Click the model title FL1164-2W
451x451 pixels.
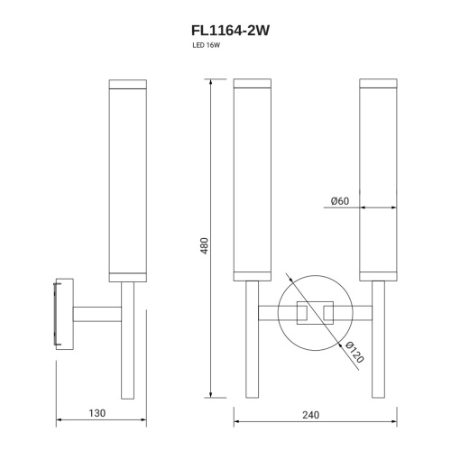225,30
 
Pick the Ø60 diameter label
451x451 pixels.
339,200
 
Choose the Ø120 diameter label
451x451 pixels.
354,353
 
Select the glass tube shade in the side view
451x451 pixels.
127,180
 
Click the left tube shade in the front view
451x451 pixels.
252,180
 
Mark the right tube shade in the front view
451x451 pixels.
377,180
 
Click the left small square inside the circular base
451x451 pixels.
301,313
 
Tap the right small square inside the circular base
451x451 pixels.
327,313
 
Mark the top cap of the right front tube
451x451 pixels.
377,86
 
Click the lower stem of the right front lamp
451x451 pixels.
377,361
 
